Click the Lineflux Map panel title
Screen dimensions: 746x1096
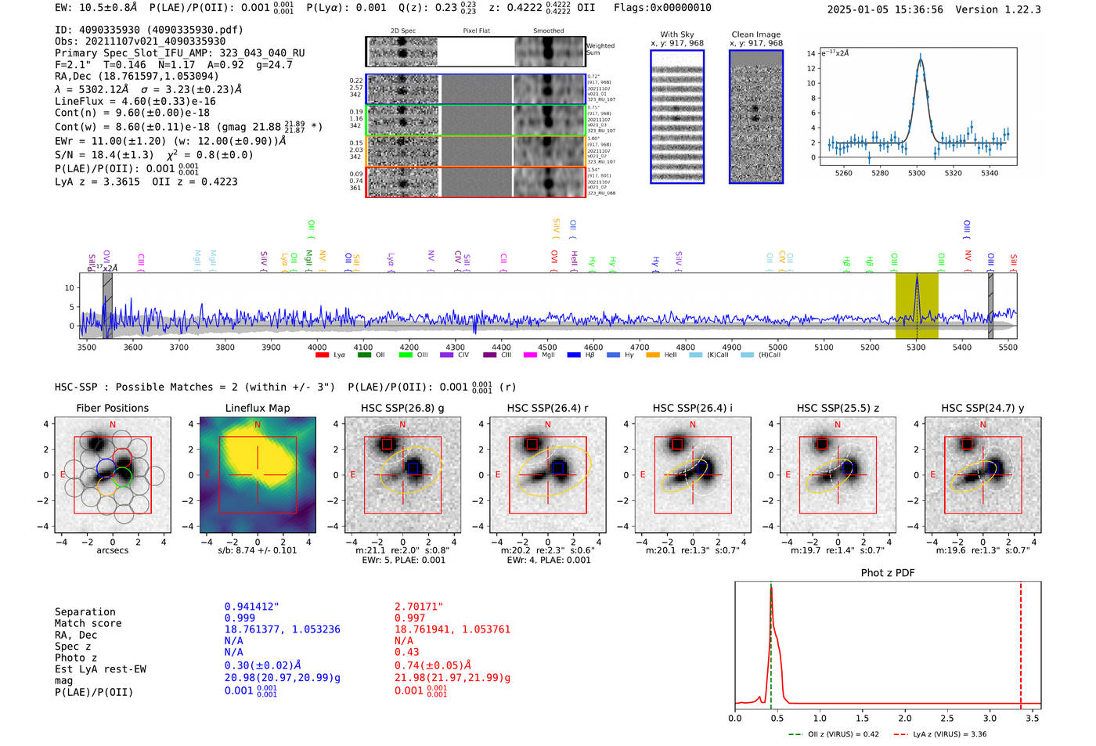click(x=257, y=408)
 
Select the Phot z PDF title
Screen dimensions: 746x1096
click(x=887, y=573)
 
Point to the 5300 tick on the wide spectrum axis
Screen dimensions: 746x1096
click(x=916, y=347)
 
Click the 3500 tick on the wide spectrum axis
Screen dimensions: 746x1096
click(x=87, y=347)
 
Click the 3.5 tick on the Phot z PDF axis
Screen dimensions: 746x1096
click(x=1033, y=718)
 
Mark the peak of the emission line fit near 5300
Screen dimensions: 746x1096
click(x=921, y=57)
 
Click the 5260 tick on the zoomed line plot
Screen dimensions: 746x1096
click(x=843, y=173)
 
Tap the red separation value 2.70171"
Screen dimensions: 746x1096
click(x=419, y=606)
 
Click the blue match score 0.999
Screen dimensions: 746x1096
click(x=240, y=618)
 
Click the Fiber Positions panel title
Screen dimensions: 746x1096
click(x=112, y=408)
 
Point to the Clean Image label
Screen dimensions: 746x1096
click(x=755, y=34)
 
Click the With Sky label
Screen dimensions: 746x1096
click(x=676, y=34)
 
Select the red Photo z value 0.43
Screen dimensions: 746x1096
click(x=406, y=652)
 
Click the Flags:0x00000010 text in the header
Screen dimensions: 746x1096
click(x=662, y=8)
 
